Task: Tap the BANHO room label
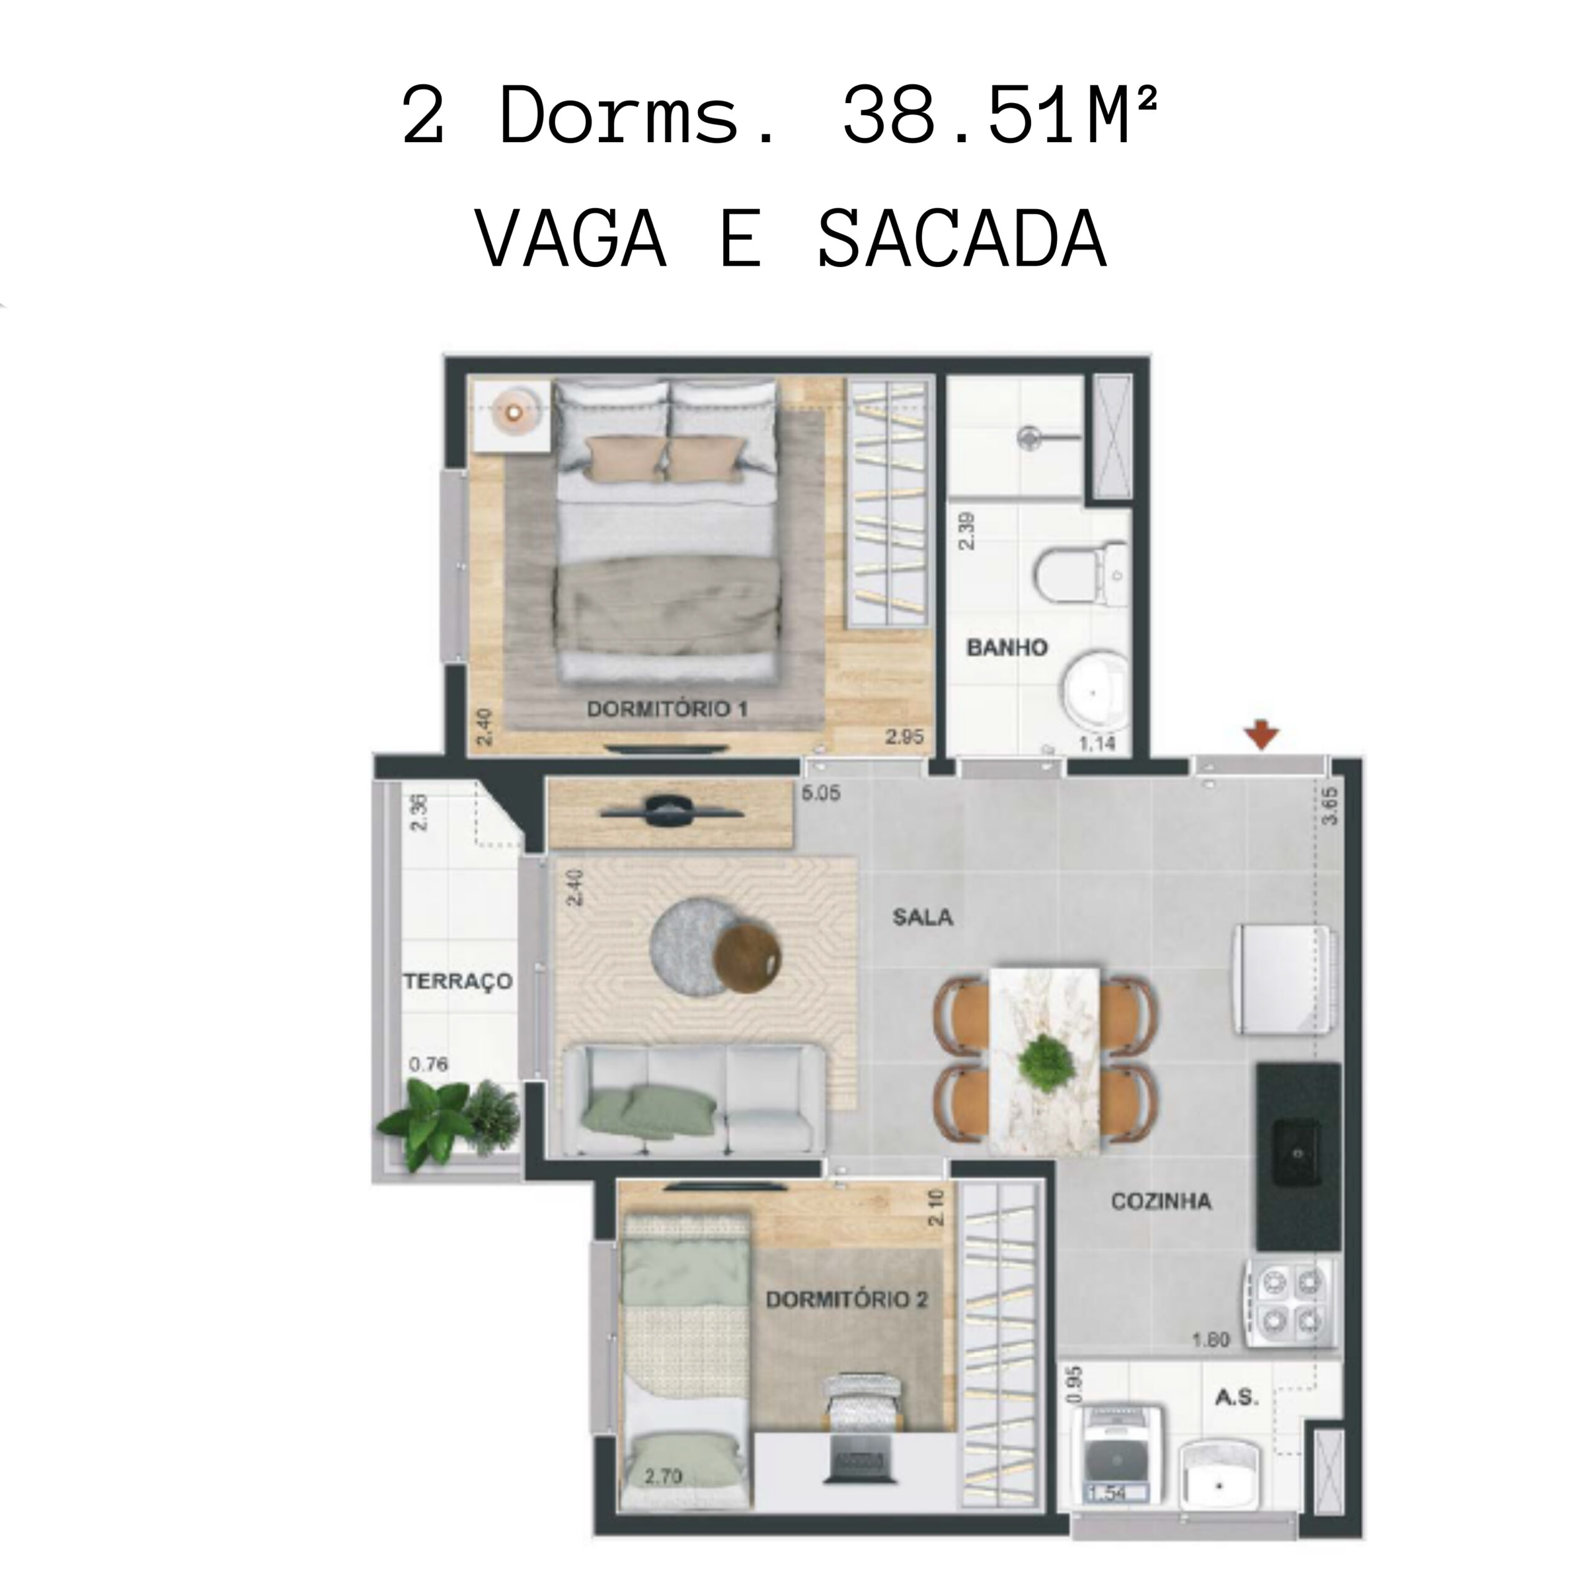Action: point(1007,647)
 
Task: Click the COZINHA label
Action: point(1161,1202)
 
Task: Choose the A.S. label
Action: point(1237,1397)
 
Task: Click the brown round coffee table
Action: point(747,959)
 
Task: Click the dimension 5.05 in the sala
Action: point(821,794)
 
